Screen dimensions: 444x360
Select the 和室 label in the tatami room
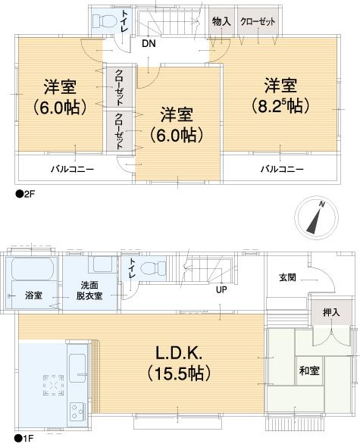point(308,372)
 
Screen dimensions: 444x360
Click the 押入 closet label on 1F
point(331,312)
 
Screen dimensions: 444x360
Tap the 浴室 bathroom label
point(33,292)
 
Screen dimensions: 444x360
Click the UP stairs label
point(221,290)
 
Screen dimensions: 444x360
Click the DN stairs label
point(149,43)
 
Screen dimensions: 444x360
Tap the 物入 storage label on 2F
point(221,22)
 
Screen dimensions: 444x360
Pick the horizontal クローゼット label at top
point(258,22)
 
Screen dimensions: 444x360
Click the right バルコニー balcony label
point(282,168)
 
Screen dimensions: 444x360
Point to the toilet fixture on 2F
point(102,22)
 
